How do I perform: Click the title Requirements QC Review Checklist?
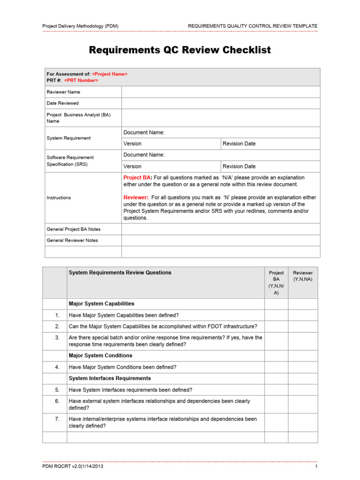click(180, 50)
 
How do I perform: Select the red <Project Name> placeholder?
click(110, 74)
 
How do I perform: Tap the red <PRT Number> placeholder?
click(81, 80)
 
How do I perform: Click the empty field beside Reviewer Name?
click(220, 92)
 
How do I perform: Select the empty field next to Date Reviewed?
click(220, 103)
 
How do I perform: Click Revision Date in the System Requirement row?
click(239, 143)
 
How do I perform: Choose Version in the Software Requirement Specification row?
click(132, 166)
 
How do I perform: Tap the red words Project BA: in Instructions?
click(137, 178)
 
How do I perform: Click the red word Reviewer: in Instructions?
click(136, 198)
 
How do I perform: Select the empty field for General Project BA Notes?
click(220, 229)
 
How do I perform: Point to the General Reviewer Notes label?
click(73, 240)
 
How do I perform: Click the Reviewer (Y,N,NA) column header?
click(302, 276)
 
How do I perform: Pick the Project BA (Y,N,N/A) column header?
click(276, 282)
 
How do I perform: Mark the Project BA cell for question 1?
click(276, 315)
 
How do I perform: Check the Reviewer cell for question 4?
click(302, 367)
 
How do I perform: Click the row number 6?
click(57, 401)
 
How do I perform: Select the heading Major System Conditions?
click(100, 356)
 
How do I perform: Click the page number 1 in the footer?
click(316, 467)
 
